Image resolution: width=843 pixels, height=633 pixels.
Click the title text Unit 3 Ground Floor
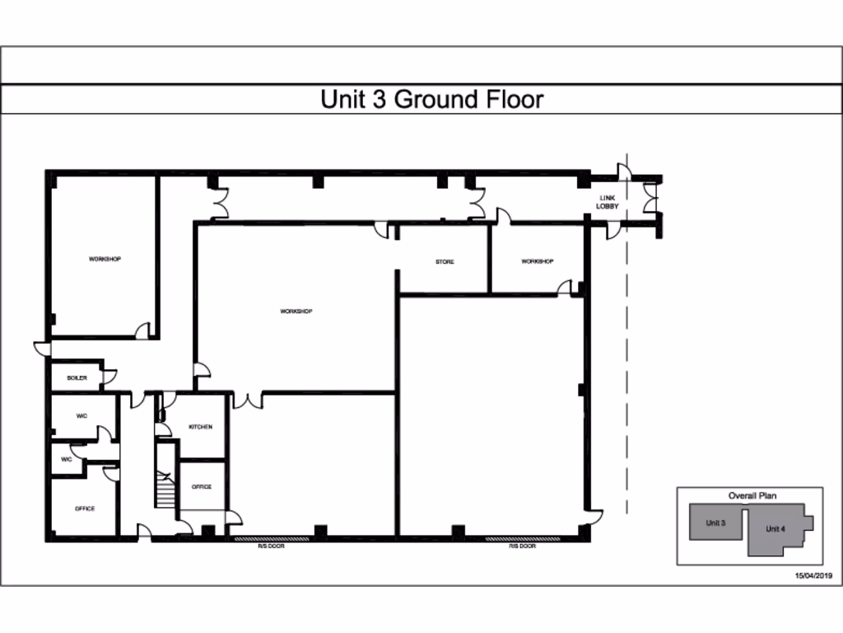point(431,100)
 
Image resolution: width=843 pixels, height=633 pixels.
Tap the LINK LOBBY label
point(608,202)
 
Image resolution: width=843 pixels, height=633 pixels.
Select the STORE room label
point(445,262)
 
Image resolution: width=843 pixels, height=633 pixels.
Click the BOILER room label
point(77,378)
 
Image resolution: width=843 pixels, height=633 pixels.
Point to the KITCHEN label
point(200,427)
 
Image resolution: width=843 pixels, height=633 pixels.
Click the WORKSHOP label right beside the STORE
point(537,261)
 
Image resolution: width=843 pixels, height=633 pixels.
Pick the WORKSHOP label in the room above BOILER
point(105,259)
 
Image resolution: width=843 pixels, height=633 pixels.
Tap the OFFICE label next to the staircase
point(202,487)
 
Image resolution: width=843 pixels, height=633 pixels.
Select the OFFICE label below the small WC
point(85,509)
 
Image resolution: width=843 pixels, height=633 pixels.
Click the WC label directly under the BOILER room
point(82,416)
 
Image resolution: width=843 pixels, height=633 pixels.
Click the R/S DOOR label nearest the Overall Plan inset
point(523,546)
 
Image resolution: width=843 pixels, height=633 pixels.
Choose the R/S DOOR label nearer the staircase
point(271,546)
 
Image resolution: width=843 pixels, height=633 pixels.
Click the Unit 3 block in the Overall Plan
point(715,523)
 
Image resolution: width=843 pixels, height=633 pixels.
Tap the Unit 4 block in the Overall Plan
point(775,529)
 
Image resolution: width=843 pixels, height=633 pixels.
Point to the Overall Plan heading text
point(752,496)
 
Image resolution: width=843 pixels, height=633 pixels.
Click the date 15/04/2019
point(813,575)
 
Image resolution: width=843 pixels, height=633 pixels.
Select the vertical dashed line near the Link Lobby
point(627,371)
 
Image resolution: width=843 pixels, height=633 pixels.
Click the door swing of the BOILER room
point(109,377)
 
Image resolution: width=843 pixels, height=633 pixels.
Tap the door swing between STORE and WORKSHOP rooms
point(566,287)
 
